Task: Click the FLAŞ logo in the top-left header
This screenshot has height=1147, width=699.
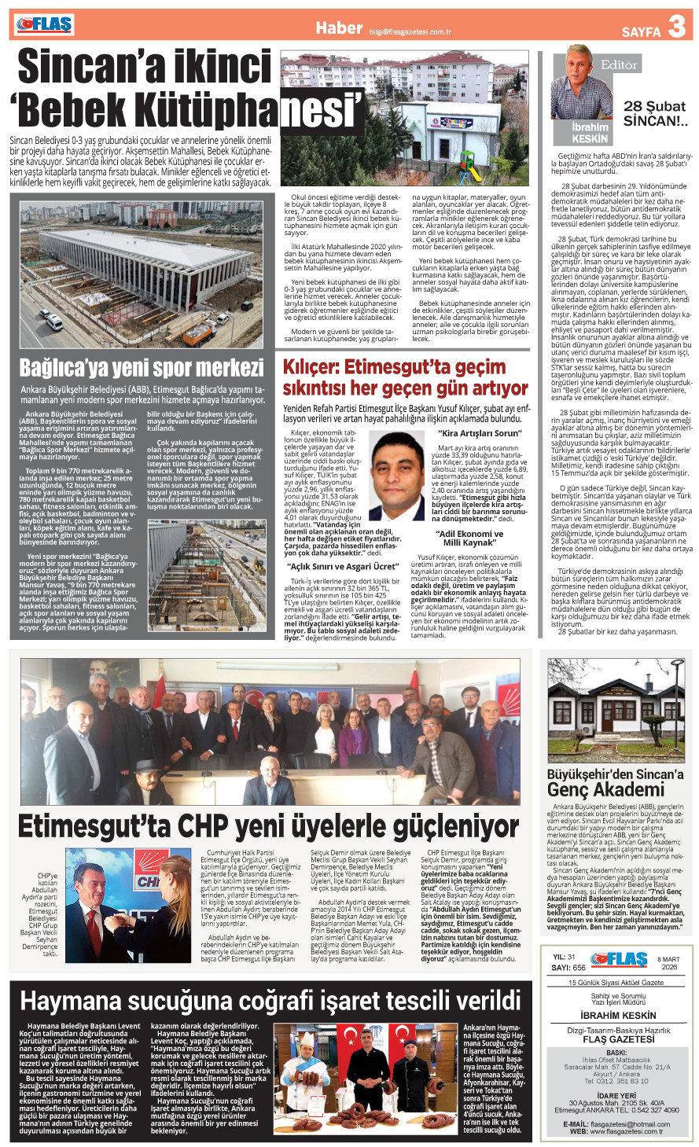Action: click(x=44, y=25)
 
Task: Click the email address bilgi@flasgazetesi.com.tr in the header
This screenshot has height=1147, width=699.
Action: click(x=410, y=32)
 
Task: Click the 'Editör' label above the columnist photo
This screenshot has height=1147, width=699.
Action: click(x=618, y=64)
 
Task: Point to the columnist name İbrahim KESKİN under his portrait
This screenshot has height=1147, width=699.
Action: click(x=590, y=133)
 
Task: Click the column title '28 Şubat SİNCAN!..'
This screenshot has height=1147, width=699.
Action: click(x=655, y=114)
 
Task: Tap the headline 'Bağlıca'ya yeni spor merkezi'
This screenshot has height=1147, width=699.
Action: click(x=142, y=368)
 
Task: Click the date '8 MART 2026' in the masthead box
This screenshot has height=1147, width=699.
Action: click(x=668, y=963)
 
